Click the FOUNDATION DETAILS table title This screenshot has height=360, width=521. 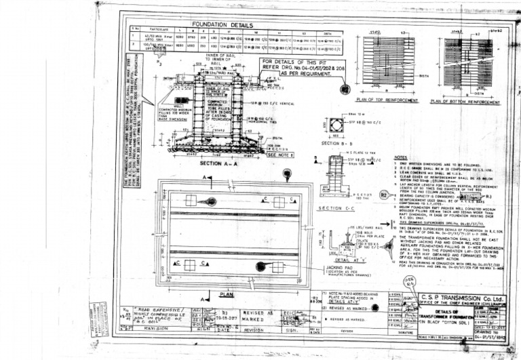[x=223, y=24]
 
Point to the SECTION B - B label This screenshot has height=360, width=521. [x=334, y=144]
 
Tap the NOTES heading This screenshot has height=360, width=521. [x=401, y=157]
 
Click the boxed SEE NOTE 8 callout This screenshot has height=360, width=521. [x=277, y=154]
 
